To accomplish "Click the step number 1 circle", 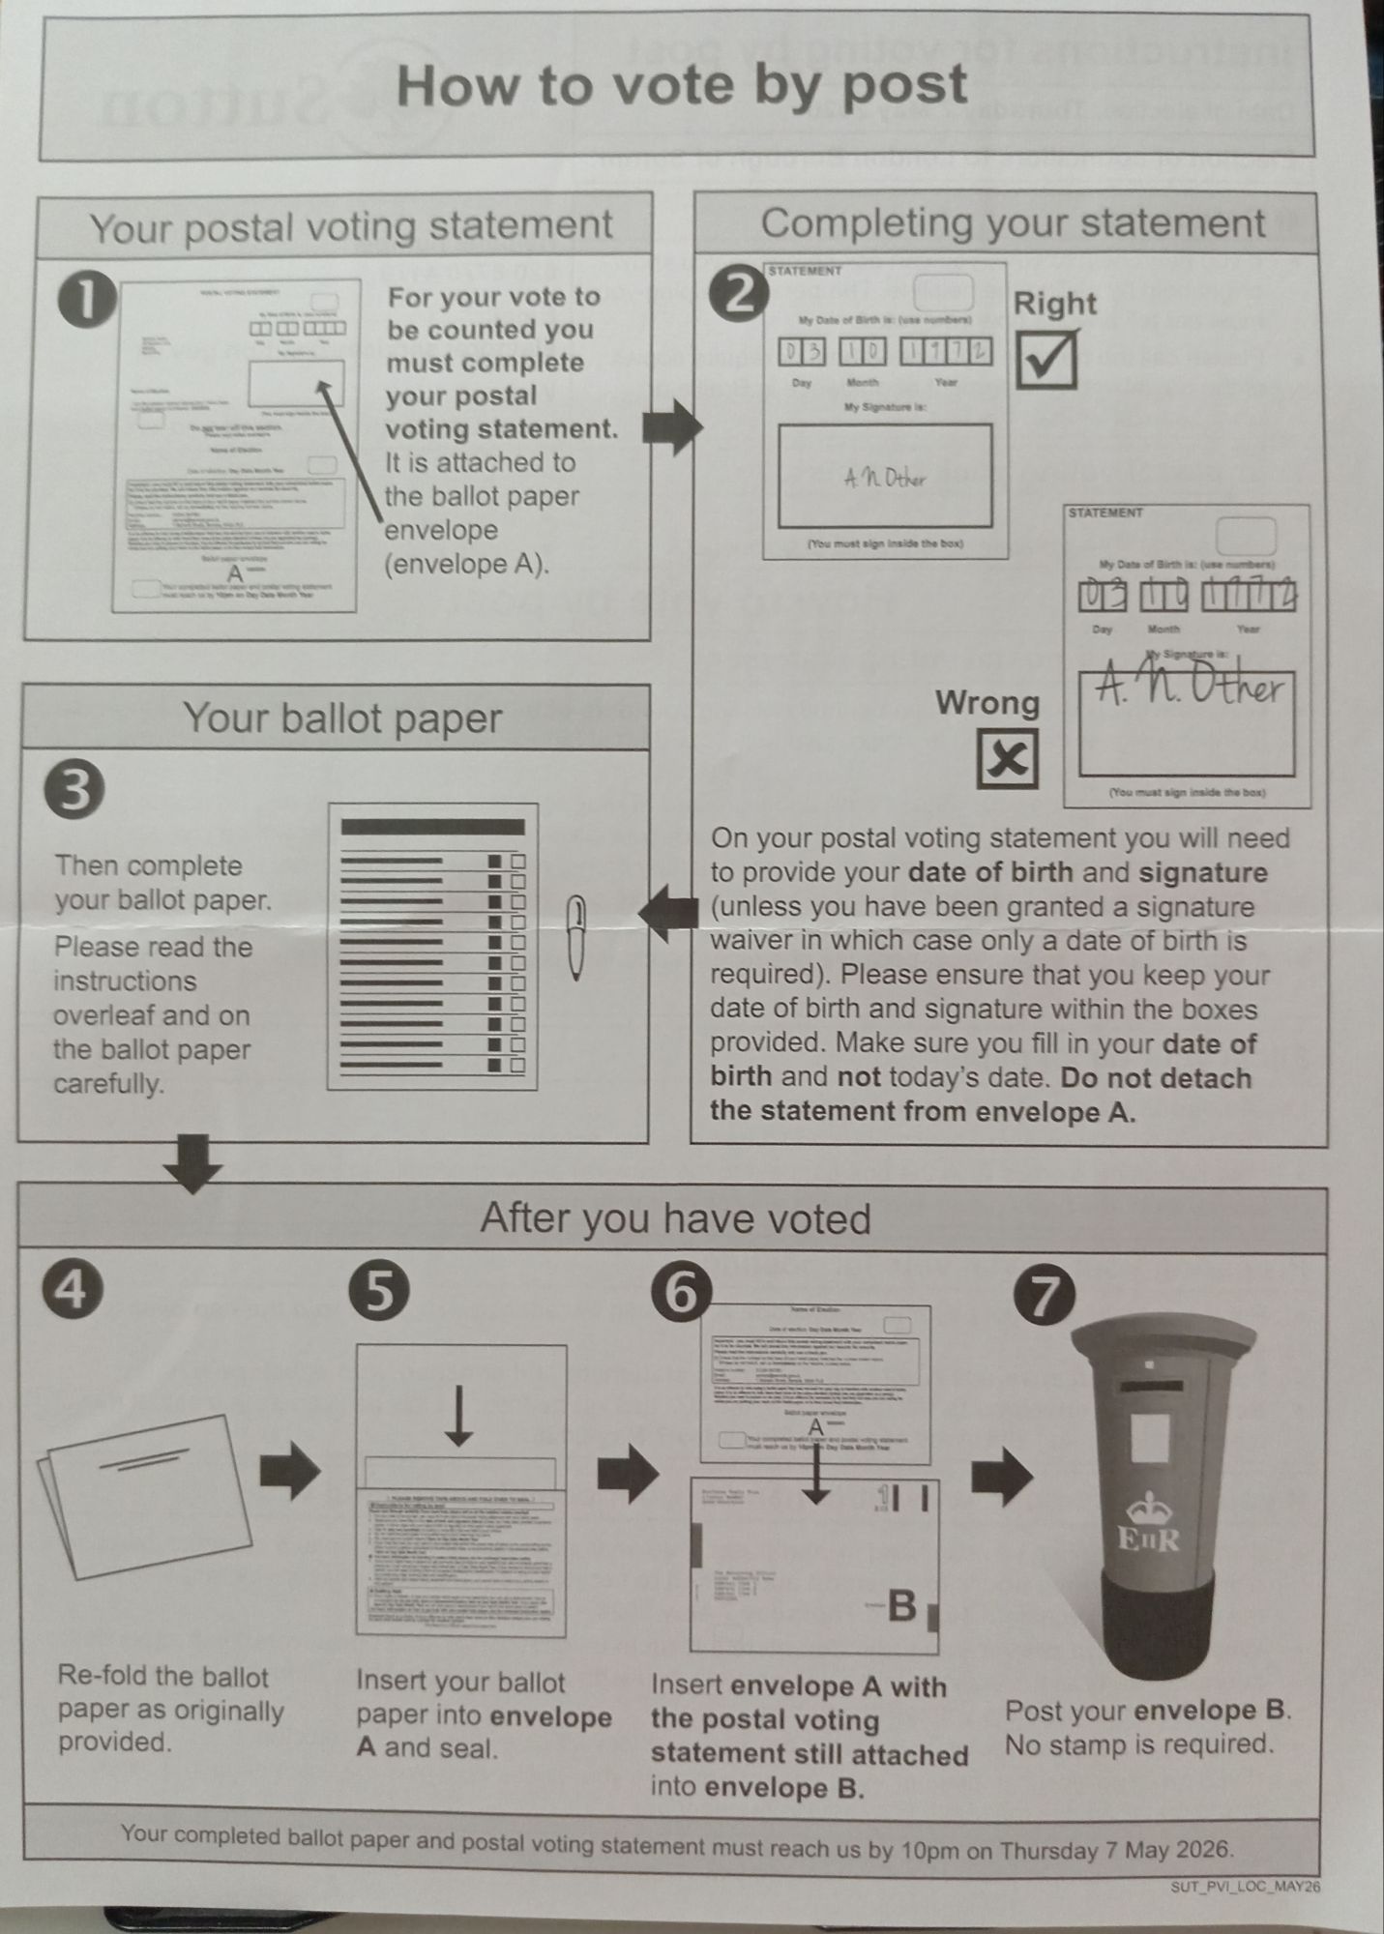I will [x=87, y=302].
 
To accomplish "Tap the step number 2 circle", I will [x=740, y=295].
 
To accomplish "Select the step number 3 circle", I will [x=74, y=790].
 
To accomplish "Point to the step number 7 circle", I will [x=1044, y=1297].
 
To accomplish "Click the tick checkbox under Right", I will [x=1046, y=360].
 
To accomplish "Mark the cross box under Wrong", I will [x=1008, y=758].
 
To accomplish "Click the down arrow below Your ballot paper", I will [x=193, y=1163].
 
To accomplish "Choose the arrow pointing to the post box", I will [x=1002, y=1477].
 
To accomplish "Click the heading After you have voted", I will [x=675, y=1219].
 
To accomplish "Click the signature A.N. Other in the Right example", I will [x=885, y=478].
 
